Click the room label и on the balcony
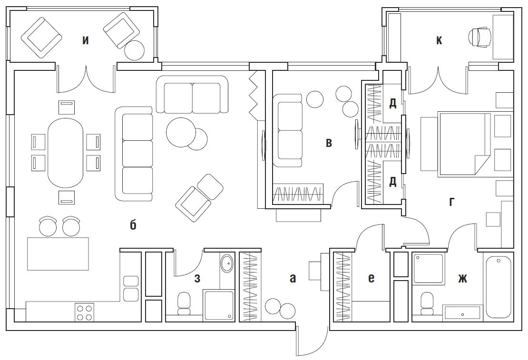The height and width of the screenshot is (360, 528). pyautogui.click(x=86, y=41)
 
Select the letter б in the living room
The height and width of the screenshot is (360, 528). pyautogui.click(x=133, y=224)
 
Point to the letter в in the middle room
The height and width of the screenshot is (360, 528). pyautogui.click(x=329, y=143)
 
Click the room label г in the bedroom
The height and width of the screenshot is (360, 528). pyautogui.click(x=451, y=202)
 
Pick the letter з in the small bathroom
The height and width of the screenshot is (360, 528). pyautogui.click(x=197, y=279)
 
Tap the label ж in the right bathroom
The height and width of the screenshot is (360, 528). pyautogui.click(x=462, y=279)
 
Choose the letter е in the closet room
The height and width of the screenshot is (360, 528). pyautogui.click(x=371, y=279)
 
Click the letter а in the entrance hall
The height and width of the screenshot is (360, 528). pyautogui.click(x=293, y=279)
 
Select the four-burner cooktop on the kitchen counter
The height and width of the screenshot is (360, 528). pyautogui.click(x=84, y=312)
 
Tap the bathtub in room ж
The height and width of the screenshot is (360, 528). pyautogui.click(x=499, y=287)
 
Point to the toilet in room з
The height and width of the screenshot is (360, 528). pyautogui.click(x=184, y=303)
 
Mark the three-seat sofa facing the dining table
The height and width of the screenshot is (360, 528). pyautogui.click(x=134, y=154)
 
